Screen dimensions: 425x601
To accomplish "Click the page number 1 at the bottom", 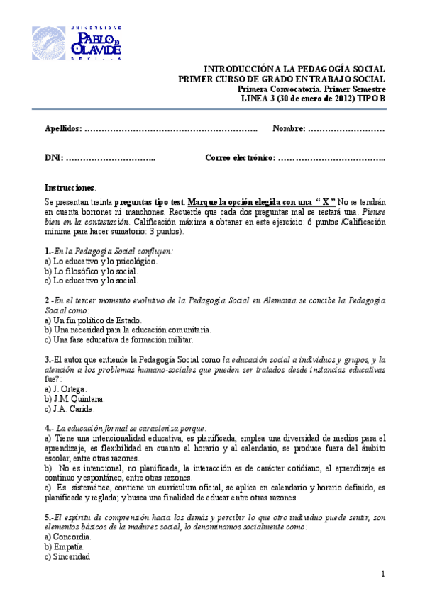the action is click(x=382, y=573).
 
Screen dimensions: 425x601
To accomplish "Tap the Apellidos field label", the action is click(x=64, y=128).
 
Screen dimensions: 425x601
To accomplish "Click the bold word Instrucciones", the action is click(x=69, y=188).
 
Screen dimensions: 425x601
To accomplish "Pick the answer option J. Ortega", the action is click(x=66, y=389).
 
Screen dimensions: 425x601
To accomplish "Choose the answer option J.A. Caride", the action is click(x=69, y=409).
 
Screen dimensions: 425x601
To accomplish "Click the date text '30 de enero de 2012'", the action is click(x=319, y=99).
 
